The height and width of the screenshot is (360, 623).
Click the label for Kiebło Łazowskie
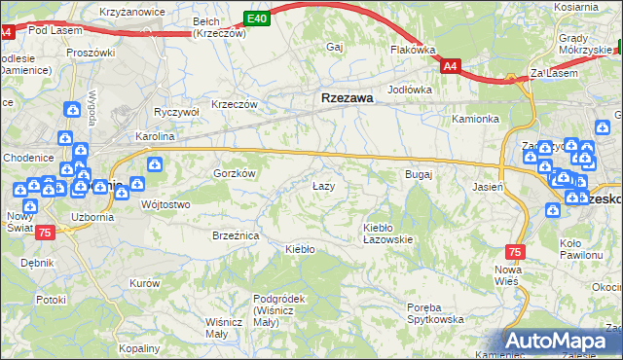click(x=388, y=233)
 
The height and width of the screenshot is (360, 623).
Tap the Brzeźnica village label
click(x=235, y=234)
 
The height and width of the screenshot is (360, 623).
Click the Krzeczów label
click(x=234, y=104)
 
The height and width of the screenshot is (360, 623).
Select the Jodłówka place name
click(x=410, y=90)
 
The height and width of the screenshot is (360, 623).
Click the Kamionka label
click(x=475, y=119)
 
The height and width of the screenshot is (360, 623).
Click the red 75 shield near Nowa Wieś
click(x=515, y=251)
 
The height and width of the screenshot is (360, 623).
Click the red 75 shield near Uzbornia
click(x=45, y=233)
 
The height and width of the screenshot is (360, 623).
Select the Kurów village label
click(x=144, y=283)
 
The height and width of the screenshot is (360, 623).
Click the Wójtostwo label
click(x=165, y=204)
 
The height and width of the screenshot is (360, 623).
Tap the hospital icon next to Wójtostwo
click(x=121, y=193)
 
